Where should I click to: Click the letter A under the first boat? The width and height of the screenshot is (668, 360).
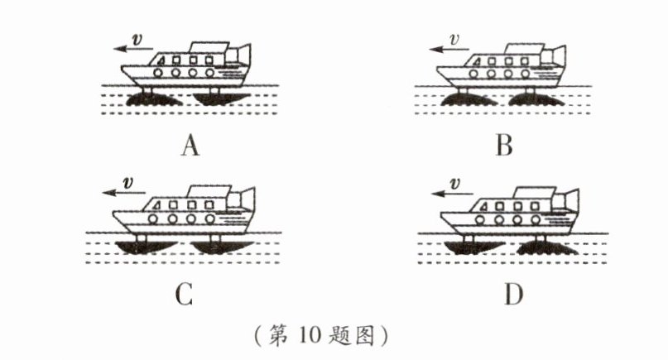[190, 146]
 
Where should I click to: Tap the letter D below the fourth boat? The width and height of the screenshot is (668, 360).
[513, 294]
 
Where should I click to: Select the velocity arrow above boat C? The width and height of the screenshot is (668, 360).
[122, 193]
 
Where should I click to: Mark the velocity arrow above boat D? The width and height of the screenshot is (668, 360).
[452, 194]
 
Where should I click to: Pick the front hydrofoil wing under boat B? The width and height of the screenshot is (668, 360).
[468, 100]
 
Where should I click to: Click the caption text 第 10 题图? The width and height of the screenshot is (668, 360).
[321, 335]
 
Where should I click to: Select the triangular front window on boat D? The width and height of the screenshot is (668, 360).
[483, 208]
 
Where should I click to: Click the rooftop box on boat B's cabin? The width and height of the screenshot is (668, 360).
[526, 49]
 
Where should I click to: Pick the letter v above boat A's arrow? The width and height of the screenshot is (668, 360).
[137, 40]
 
